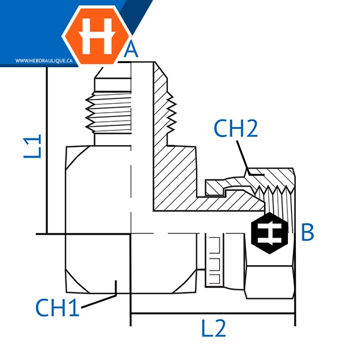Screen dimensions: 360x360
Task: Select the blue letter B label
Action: (x=307, y=232)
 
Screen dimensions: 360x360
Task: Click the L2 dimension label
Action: (x=214, y=329)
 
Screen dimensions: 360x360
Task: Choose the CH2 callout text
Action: (x=236, y=128)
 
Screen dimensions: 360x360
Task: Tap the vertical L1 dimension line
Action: (x=46, y=150)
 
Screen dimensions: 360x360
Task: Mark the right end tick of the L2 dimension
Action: (x=295, y=313)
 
